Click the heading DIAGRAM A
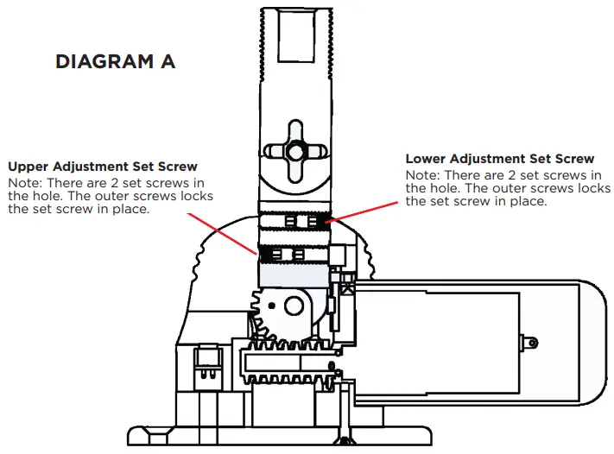[x=115, y=62]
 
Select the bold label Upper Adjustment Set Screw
[x=103, y=166]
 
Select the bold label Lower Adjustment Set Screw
[x=500, y=159]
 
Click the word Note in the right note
[x=422, y=175]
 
